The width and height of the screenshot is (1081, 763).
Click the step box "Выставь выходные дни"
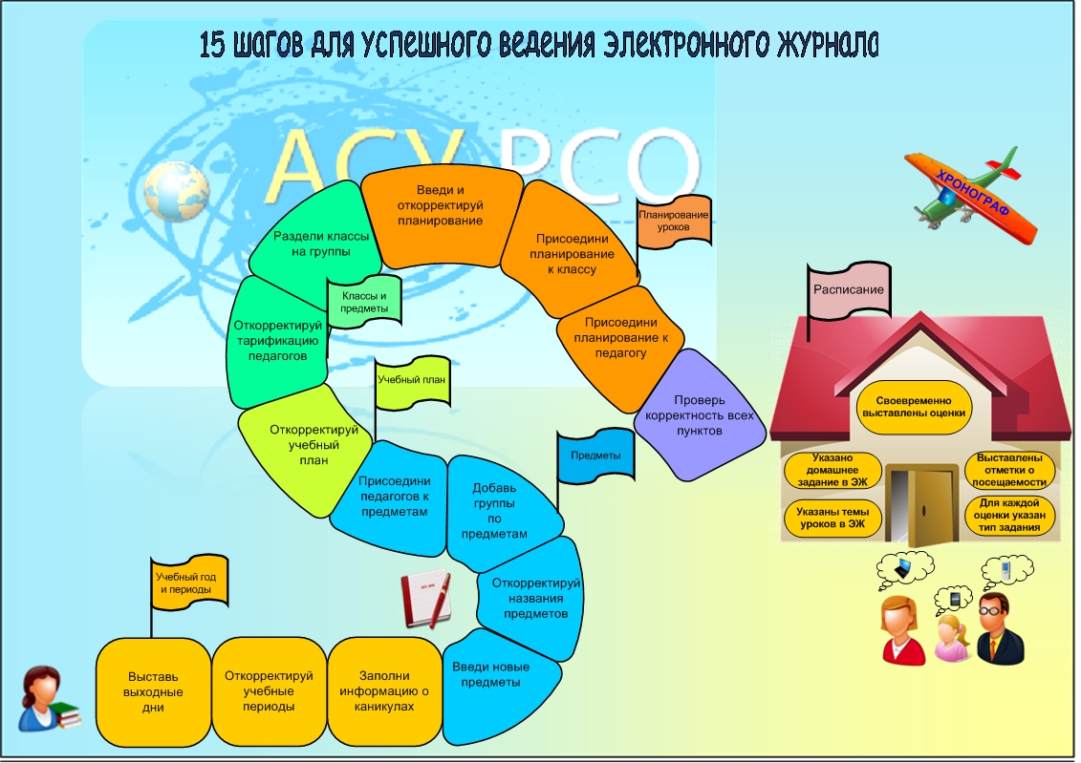tap(153, 692)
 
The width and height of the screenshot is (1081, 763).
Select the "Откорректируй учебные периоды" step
tap(269, 691)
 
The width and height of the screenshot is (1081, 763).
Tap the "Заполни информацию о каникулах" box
tap(384, 691)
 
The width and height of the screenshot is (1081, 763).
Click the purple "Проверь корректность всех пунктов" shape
tap(699, 415)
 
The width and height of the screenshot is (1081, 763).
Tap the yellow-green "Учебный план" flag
tap(412, 382)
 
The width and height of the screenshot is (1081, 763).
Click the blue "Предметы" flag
tap(595, 456)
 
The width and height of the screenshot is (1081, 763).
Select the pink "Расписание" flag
tap(850, 290)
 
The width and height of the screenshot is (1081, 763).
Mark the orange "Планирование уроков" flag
tap(674, 222)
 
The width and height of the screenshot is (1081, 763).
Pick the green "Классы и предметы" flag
tap(364, 302)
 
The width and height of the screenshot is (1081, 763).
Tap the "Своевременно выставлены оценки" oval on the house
tap(914, 407)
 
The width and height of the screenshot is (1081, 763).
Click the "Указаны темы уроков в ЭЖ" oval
tap(832, 518)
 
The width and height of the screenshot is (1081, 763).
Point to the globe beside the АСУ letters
tap(177, 191)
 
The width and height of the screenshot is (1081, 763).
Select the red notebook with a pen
tap(426, 599)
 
